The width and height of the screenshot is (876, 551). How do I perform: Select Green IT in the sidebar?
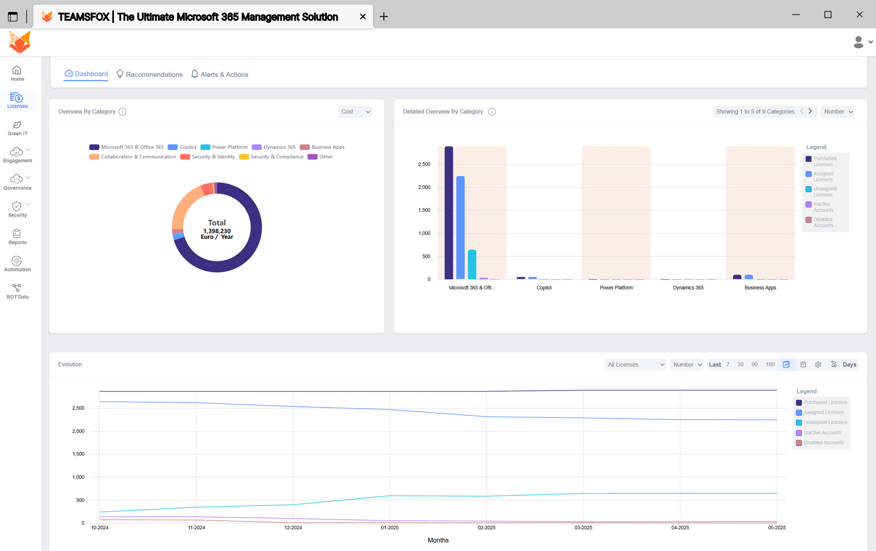pos(17,128)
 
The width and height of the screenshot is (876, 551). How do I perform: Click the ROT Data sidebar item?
pos(17,292)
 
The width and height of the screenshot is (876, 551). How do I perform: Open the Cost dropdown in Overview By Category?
pos(355,112)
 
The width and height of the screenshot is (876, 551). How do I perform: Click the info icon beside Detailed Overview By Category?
pos(491,112)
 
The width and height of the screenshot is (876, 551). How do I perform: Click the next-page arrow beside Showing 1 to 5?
pos(810,111)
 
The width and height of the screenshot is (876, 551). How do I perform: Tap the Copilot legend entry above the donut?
pos(182,147)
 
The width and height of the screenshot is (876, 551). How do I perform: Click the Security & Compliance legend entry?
pos(271,157)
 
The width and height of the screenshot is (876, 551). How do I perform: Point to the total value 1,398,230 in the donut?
pos(217,231)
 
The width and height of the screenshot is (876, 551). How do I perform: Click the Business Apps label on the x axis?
pos(760,287)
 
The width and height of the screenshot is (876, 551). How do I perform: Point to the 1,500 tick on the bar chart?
pos(424,210)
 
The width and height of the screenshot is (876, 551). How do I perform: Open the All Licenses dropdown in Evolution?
pos(635,365)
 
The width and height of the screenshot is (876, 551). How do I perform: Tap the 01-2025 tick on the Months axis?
pos(390,527)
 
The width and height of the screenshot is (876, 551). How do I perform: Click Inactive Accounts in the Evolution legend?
pos(822,432)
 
